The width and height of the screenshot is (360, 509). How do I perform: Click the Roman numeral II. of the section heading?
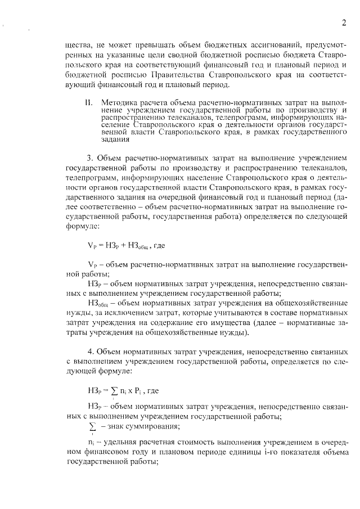88,103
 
